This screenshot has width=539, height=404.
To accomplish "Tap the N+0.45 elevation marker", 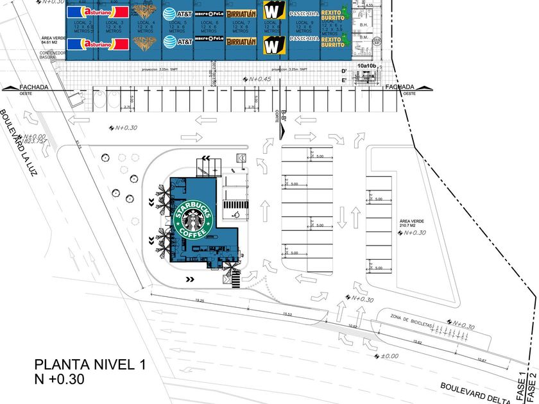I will click(258, 79).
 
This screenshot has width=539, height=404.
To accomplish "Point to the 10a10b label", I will click(368, 65).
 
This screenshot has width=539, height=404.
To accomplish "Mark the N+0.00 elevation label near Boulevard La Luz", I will click(35, 137).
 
